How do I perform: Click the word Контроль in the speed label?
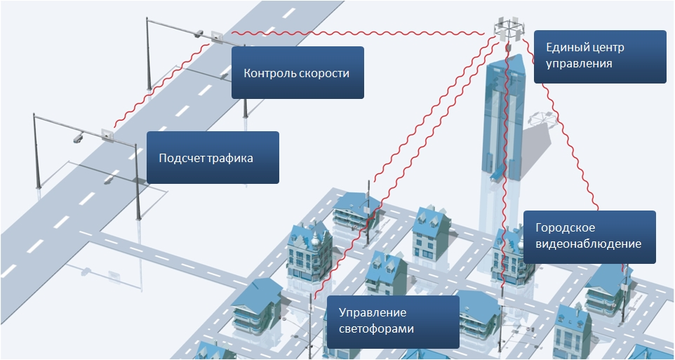[267, 73]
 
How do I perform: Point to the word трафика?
[232, 158]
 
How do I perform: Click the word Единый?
[566, 48]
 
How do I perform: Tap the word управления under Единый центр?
[580, 63]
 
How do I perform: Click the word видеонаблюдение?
[588, 244]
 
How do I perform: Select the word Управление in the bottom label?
[373, 313]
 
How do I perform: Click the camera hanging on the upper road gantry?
[199, 32]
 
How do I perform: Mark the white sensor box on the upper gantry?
[214, 36]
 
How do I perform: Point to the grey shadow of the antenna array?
[540, 117]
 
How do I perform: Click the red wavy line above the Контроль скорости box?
[351, 34]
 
